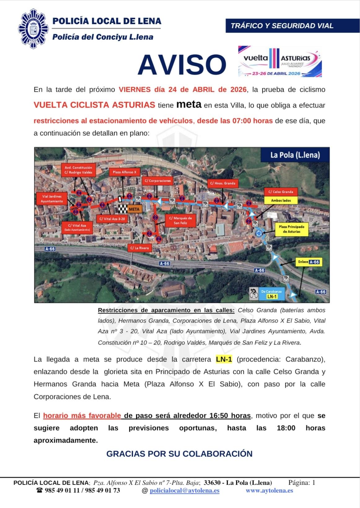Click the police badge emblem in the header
click(33, 29)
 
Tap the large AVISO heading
click(182, 64)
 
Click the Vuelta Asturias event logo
click(280, 62)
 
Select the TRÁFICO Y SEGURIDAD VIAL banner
click(292, 26)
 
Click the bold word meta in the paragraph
click(189, 104)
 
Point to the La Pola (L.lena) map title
click(295, 155)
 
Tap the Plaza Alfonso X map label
click(124, 172)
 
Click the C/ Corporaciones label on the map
click(158, 181)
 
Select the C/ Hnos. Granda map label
click(222, 183)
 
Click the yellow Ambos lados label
click(281, 200)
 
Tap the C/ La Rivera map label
click(139, 248)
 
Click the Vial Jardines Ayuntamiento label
click(52, 199)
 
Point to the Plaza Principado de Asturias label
click(291, 229)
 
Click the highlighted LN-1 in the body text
click(224, 359)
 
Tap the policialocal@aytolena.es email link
click(184, 491)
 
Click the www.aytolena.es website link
click(269, 491)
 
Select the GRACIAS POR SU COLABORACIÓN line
click(179, 454)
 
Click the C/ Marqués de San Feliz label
click(180, 220)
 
